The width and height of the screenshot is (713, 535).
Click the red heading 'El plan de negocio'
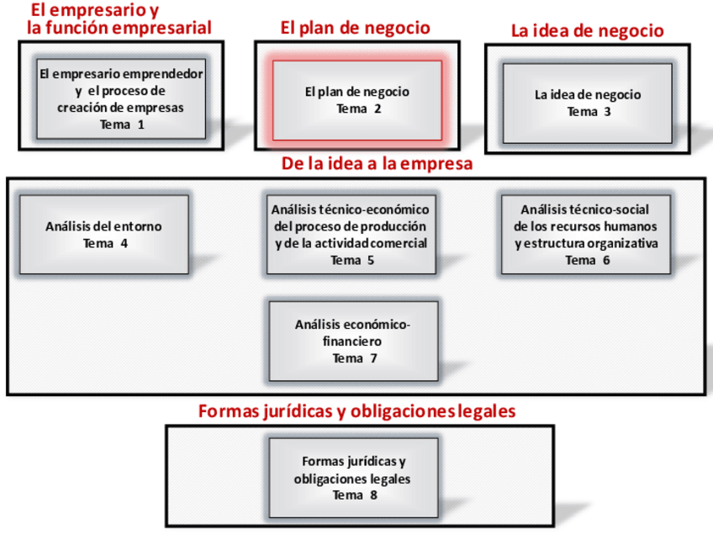click(355, 28)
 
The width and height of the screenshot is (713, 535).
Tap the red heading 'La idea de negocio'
click(587, 31)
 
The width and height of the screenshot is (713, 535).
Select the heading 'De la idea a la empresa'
click(377, 164)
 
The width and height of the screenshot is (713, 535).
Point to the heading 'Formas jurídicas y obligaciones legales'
click(356, 411)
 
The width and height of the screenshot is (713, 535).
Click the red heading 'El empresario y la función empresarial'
click(119, 19)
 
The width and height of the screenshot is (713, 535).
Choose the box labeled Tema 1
click(121, 99)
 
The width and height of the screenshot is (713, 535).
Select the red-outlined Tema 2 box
click(356, 100)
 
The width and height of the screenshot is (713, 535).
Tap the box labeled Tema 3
click(587, 103)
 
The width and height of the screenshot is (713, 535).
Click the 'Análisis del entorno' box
click(103, 235)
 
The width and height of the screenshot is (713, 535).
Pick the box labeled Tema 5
click(351, 235)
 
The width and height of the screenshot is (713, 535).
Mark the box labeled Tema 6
click(585, 235)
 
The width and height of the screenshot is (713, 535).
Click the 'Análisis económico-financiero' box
click(353, 341)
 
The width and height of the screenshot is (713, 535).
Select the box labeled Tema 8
click(353, 478)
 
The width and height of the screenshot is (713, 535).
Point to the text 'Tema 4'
click(105, 244)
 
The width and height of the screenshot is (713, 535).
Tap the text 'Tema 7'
click(354, 358)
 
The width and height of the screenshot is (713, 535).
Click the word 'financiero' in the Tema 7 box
click(353, 342)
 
